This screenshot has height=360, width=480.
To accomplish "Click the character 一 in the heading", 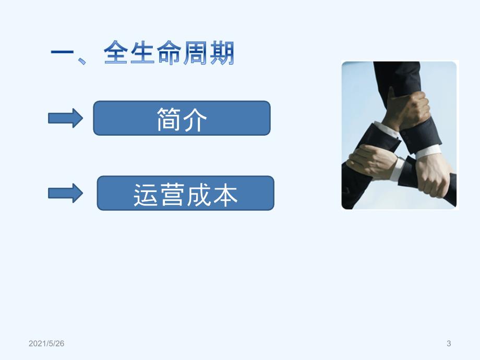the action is (x=63, y=52).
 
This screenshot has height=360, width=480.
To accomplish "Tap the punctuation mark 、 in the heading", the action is (x=82, y=61).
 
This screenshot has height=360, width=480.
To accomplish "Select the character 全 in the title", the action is (x=116, y=52).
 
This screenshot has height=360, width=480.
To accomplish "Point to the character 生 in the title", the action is (x=142, y=52).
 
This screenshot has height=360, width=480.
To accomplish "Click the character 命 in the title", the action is (x=169, y=52).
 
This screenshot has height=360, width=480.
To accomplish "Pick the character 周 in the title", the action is (x=195, y=52).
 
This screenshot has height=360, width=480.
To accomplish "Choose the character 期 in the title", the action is (x=222, y=52).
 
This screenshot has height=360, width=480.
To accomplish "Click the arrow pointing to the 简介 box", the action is (x=65, y=118).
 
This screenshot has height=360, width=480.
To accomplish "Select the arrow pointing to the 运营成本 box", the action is (x=65, y=193).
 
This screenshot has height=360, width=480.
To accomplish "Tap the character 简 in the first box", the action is (x=169, y=119).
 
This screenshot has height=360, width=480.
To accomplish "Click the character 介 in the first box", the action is (x=195, y=119).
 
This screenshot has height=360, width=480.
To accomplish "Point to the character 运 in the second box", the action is (x=146, y=195).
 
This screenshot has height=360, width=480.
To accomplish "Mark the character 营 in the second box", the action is (x=172, y=195).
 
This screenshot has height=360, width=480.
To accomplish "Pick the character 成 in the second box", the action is (x=199, y=195).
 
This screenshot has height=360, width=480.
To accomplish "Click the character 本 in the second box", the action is (x=225, y=195).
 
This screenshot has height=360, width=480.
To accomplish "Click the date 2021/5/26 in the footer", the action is (x=46, y=343).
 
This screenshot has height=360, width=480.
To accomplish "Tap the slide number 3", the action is (x=449, y=343).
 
